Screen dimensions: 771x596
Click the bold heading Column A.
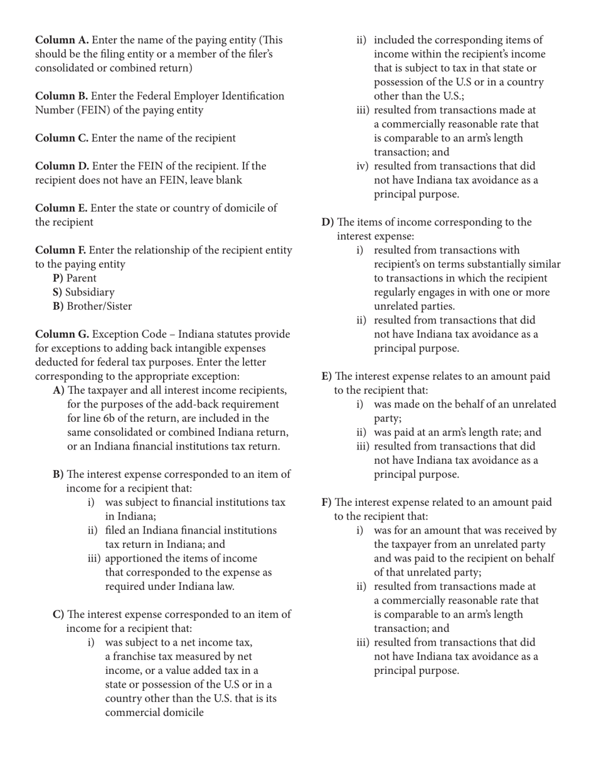(61, 40)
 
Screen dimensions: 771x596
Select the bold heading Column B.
(61, 96)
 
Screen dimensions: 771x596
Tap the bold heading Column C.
(61, 138)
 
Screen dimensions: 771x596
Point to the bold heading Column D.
(62, 166)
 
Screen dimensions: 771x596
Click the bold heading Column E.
(61, 208)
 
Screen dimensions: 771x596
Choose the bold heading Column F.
(61, 250)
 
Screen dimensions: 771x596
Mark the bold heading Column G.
(62, 334)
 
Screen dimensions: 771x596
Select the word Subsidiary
(90, 292)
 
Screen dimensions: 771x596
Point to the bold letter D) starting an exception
(327, 223)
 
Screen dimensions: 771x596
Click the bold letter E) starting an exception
(326, 376)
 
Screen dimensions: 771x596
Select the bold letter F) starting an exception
(326, 502)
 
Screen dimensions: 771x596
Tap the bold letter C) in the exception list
(58, 614)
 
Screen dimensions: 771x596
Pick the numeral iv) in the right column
(363, 166)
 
